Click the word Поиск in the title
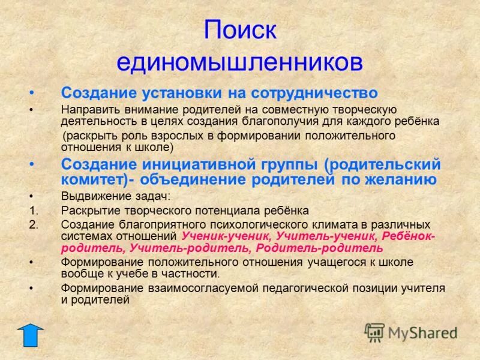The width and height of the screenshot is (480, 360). coord(240,30)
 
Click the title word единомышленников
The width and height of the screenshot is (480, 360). coord(240,61)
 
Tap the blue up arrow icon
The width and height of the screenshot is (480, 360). coord(30,335)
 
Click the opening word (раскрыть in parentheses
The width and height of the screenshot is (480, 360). coord(88,136)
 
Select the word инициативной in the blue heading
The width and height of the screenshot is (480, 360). coord(197,164)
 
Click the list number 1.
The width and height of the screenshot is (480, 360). coord(33,211)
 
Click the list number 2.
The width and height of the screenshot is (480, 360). coord(33,224)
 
